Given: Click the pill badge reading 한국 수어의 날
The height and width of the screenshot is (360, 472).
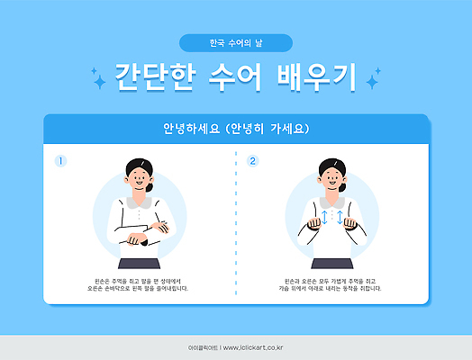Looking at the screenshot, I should click(236, 42).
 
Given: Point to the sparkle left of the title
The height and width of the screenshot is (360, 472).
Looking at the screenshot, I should click(99, 81).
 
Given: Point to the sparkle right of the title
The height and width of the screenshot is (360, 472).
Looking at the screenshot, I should click(371, 82).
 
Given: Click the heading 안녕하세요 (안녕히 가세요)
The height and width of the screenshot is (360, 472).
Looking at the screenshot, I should click(236, 129).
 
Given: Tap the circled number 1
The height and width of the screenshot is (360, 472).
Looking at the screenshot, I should click(61, 161).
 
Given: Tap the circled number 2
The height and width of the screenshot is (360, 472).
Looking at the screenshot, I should click(253, 161).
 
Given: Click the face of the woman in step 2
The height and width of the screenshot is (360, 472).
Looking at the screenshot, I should click(331, 179).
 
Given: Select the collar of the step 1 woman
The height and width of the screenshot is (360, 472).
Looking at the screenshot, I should click(140, 199).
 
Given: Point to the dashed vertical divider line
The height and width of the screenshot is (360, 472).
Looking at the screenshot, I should click(236, 225).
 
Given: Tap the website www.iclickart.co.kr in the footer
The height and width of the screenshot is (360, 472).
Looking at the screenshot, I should click(256, 346).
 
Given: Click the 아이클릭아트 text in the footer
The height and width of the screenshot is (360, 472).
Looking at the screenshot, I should click(202, 346).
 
